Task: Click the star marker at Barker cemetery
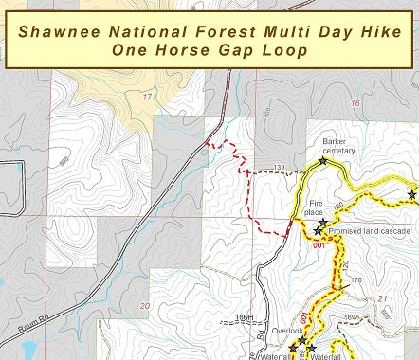tap(323, 161)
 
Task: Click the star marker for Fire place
tap(323, 223)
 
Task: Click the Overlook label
tap(287, 333)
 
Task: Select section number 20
tap(144, 306)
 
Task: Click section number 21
tap(383, 299)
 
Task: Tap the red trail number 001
tap(319, 245)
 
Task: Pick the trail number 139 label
tap(279, 169)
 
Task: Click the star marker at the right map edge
tap(411, 194)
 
